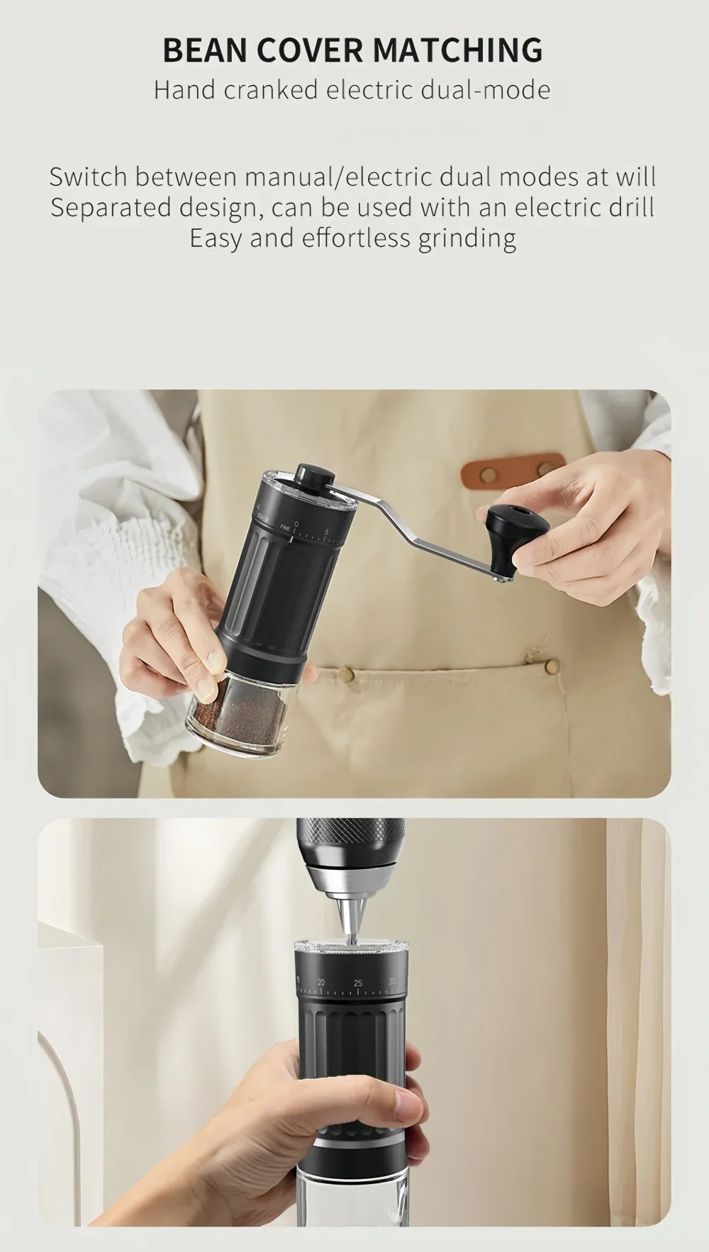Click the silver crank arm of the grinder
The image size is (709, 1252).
pos(418,522)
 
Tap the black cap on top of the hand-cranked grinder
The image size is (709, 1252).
pos(312,476)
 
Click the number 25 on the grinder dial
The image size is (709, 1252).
pos(357,983)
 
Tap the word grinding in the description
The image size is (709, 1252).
pos(467,239)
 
